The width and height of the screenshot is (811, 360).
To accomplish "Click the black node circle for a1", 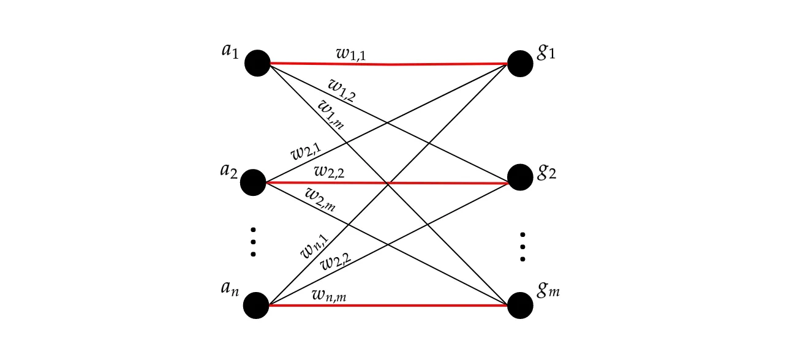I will coord(257,63).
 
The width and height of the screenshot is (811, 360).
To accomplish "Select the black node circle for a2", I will coord(253,182).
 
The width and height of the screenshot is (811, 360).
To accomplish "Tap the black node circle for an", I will coord(256,306).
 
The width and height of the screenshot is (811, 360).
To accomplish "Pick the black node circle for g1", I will coord(520,63).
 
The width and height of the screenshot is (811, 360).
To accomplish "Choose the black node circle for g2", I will coord(520,178).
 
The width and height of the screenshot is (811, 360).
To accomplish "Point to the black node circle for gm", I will coord(520,305).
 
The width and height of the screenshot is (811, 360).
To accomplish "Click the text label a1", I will coord(230,50).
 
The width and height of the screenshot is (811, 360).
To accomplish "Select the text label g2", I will coord(546,173).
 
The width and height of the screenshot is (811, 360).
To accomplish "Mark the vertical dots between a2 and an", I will coord(253,242).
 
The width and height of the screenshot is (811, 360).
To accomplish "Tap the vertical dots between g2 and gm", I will coord(522,247).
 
